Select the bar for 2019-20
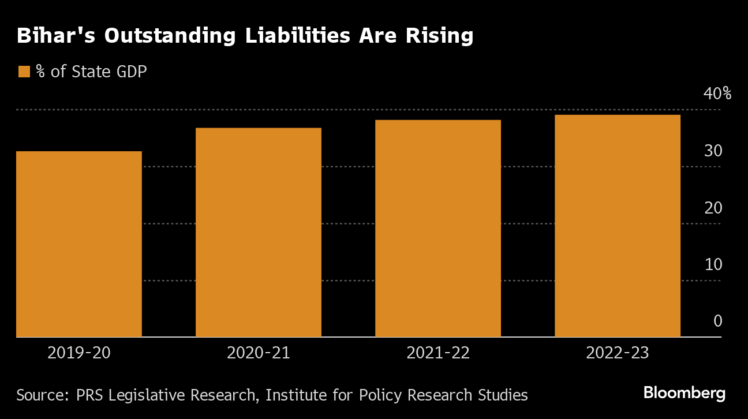click(79, 244)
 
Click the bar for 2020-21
click(259, 232)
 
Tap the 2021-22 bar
click(438, 228)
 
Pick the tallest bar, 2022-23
click(618, 226)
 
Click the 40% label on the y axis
click(717, 93)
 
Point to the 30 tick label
click(713, 151)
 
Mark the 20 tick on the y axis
click(713, 207)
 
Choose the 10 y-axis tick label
click(713, 264)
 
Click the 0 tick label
click(717, 321)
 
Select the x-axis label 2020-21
click(259, 353)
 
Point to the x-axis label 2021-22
click(438, 353)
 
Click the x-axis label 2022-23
click(618, 353)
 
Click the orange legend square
click(24, 72)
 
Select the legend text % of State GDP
click(91, 72)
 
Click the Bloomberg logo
click(685, 394)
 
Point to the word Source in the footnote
click(39, 395)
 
